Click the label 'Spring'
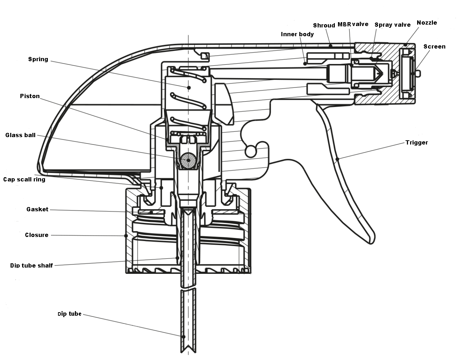tap(38, 59)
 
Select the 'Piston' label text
tap(30, 96)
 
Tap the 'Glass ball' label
tap(20, 135)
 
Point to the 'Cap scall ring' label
tap(24, 179)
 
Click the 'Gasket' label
tap(37, 209)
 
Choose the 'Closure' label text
tap(37, 235)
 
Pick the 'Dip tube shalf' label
tap(31, 265)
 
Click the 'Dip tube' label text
tap(69, 314)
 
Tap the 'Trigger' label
tap(416, 142)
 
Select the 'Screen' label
tap(434, 46)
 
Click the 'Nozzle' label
tap(427, 22)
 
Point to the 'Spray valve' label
tap(393, 25)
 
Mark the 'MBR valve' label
tap(353, 24)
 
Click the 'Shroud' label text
tap(324, 25)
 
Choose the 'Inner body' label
tap(297, 34)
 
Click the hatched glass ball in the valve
tap(188, 160)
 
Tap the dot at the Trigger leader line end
tap(337, 159)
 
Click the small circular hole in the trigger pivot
tap(250, 152)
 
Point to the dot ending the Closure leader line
tap(126, 236)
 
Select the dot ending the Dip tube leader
tap(184, 337)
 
